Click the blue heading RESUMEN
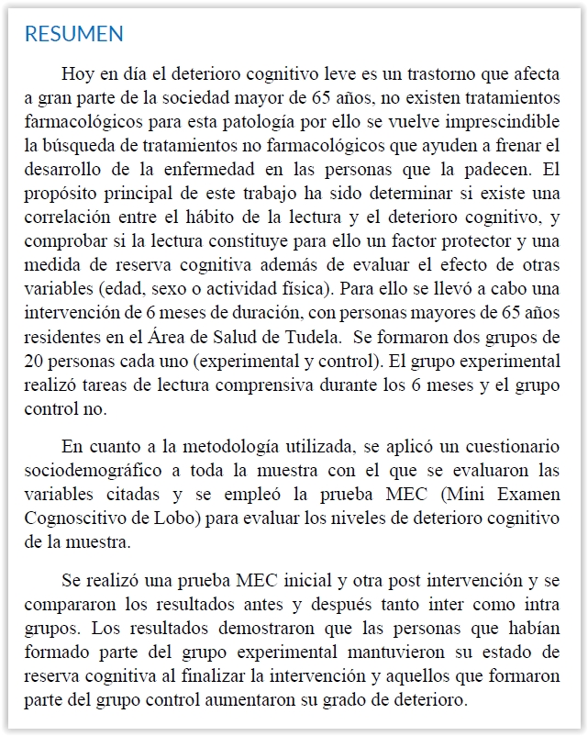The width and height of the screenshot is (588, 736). (74, 35)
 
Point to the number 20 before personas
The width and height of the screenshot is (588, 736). (38, 360)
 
